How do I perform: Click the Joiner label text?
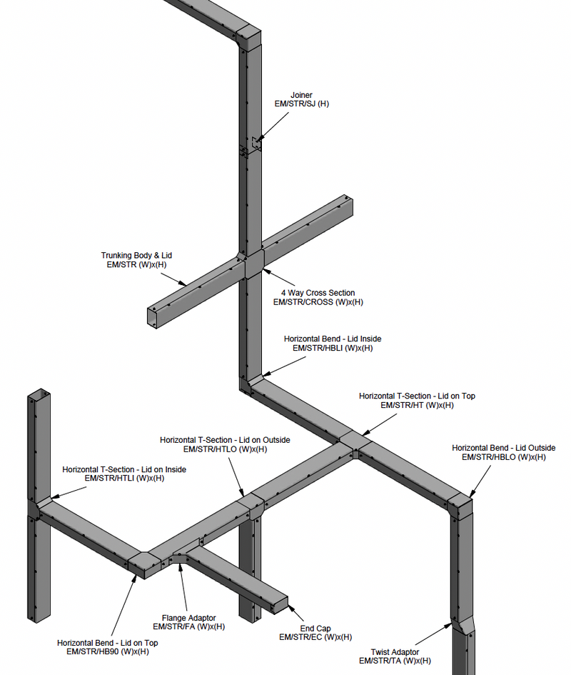click(301, 95)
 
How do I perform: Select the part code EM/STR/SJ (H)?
click(301, 104)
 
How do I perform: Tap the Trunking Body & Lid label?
click(136, 255)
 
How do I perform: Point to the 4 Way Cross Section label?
click(318, 293)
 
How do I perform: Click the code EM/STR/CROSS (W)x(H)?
click(318, 302)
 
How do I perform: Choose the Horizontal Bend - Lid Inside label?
click(328, 339)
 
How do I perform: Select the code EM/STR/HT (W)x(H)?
click(417, 405)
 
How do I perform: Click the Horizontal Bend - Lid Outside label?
click(503, 448)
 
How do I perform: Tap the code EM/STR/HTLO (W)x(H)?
click(225, 449)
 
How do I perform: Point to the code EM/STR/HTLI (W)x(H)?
click(124, 479)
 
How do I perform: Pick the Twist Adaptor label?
click(395, 652)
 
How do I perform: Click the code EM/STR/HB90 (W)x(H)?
click(108, 651)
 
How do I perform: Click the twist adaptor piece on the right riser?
click(462, 626)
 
